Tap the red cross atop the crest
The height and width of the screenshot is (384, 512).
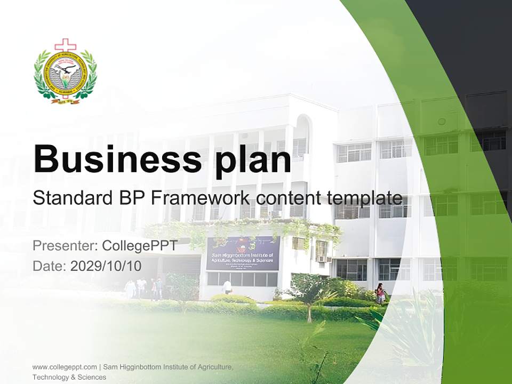click(x=66, y=45)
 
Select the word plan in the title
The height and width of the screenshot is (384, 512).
click(x=255, y=158)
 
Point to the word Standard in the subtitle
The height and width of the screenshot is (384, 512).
click(x=73, y=198)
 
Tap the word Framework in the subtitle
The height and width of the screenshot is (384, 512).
click(x=201, y=198)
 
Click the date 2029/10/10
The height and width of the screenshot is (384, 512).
click(x=106, y=266)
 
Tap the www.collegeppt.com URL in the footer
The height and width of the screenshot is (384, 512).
click(x=65, y=367)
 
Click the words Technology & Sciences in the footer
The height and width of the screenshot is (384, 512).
click(x=69, y=377)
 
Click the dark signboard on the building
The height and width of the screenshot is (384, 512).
click(x=243, y=253)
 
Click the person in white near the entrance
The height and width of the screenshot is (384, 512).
click(x=228, y=286)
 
